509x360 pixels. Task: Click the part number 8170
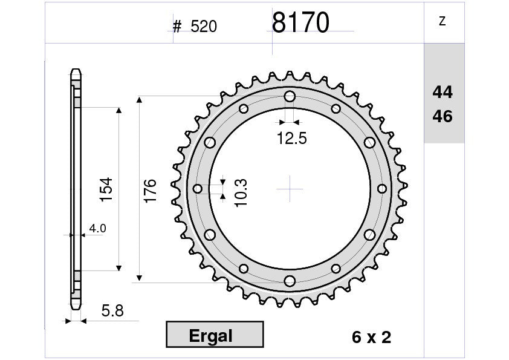[x=300, y=22]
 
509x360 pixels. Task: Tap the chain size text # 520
[x=195, y=26]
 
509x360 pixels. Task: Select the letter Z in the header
[x=442, y=21]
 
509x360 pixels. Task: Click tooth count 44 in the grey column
[x=442, y=93]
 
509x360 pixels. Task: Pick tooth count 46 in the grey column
[x=442, y=116]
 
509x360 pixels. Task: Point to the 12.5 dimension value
[x=291, y=139]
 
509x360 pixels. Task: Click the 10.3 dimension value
[x=241, y=192]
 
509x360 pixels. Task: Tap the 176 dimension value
[x=150, y=191]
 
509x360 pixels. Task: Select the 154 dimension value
[x=106, y=189]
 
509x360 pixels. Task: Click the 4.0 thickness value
[x=97, y=229]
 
